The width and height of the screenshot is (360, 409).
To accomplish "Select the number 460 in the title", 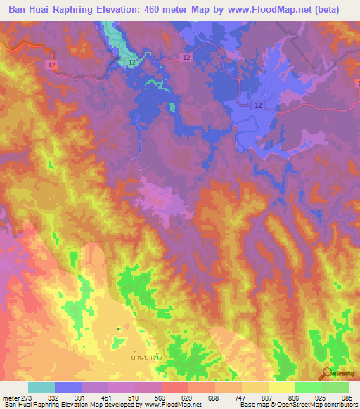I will click(172, 10).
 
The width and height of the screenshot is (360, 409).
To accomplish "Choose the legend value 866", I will click(288, 398).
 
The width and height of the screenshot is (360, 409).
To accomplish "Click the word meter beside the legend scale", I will click(8, 398).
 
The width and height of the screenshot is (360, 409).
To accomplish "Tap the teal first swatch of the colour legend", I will click(41, 387).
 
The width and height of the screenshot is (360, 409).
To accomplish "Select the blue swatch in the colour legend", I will click(68, 387).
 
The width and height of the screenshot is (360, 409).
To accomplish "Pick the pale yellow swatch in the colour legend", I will click(282, 387).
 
